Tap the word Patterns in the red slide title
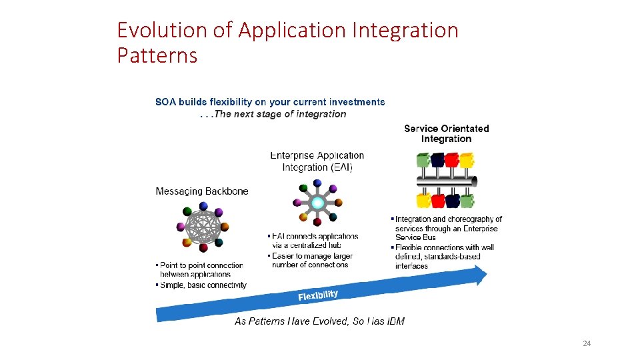tap(157, 55)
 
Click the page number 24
tap(587, 343)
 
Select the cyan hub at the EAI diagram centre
tap(318, 202)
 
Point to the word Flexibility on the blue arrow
tap(318, 295)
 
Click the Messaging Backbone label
tap(202, 191)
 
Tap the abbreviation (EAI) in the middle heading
tap(340, 167)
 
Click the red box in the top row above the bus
tap(452, 160)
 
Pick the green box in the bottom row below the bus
tap(467, 200)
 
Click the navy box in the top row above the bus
tap(437, 160)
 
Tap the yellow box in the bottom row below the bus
tap(423, 200)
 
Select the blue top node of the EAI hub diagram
tap(317, 183)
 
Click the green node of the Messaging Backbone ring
tap(187, 212)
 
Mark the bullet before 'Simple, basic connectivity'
tap(157, 285)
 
